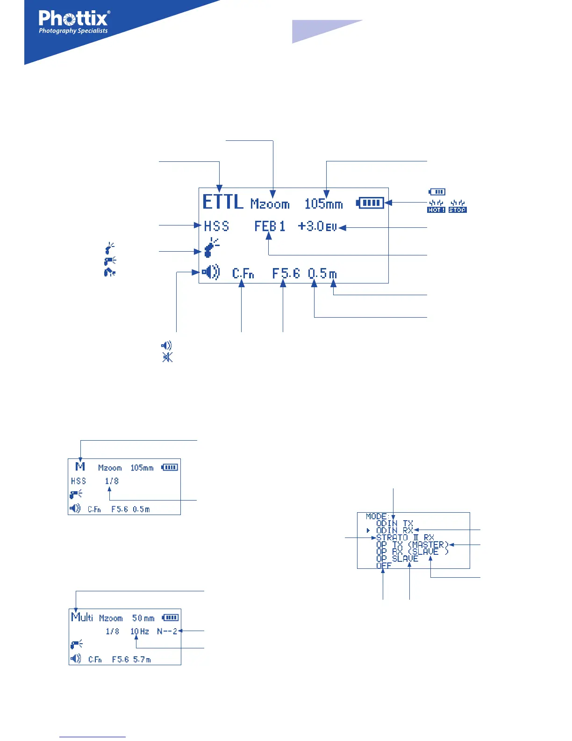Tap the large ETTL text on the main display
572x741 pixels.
[223, 202]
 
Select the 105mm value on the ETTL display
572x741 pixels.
[323, 204]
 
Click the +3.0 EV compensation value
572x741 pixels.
[317, 226]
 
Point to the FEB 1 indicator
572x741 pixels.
[270, 226]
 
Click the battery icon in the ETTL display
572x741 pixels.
[370, 203]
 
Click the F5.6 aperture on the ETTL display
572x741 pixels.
[286, 273]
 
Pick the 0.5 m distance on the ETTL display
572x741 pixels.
[322, 273]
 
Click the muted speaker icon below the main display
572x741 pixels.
[167, 357]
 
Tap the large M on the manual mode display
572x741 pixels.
[80, 466]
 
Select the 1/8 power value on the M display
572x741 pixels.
[112, 481]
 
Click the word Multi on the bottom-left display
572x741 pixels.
[82, 617]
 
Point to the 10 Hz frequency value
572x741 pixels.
[139, 632]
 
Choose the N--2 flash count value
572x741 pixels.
[167, 632]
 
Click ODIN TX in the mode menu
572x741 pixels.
[394, 524]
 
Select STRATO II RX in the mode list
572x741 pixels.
[405, 538]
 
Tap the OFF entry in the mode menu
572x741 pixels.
[384, 566]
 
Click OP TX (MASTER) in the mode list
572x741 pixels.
[412, 545]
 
